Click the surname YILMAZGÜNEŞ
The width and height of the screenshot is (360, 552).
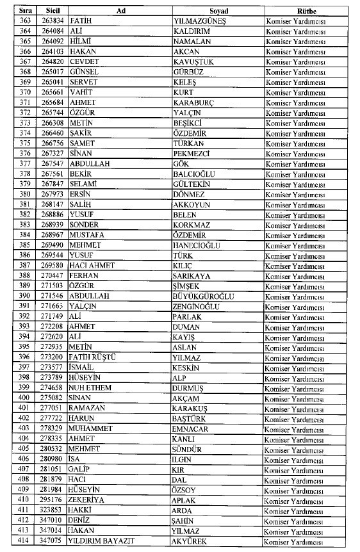(203, 21)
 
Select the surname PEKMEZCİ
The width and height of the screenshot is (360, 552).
(196, 153)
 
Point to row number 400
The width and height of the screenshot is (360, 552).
(21, 398)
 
